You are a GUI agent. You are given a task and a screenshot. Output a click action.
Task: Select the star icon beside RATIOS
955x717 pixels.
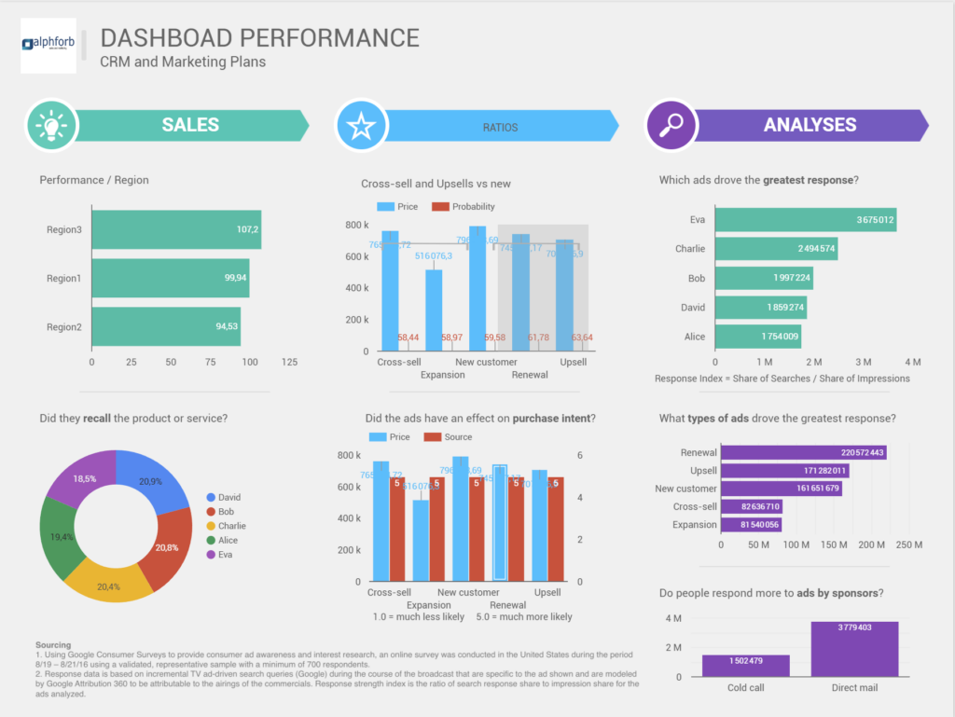360,125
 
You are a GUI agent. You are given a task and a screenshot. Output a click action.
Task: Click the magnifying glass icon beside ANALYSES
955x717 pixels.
671,125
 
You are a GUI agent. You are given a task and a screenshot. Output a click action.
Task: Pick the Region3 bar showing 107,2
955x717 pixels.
176,229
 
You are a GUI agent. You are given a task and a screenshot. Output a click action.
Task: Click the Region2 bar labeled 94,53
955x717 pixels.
166,326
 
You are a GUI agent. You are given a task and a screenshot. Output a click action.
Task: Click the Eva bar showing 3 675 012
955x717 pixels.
805,220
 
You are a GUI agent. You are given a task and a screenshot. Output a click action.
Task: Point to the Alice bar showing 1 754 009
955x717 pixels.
757,337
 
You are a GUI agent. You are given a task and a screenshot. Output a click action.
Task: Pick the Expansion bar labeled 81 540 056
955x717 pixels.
751,525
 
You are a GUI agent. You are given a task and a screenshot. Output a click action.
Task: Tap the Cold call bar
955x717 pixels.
745,665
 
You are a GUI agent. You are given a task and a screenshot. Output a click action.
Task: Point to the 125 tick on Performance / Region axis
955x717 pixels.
290,361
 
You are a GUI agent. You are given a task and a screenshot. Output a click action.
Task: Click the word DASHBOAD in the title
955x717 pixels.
166,38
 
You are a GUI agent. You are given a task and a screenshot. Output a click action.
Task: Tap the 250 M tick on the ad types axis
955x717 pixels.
909,545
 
